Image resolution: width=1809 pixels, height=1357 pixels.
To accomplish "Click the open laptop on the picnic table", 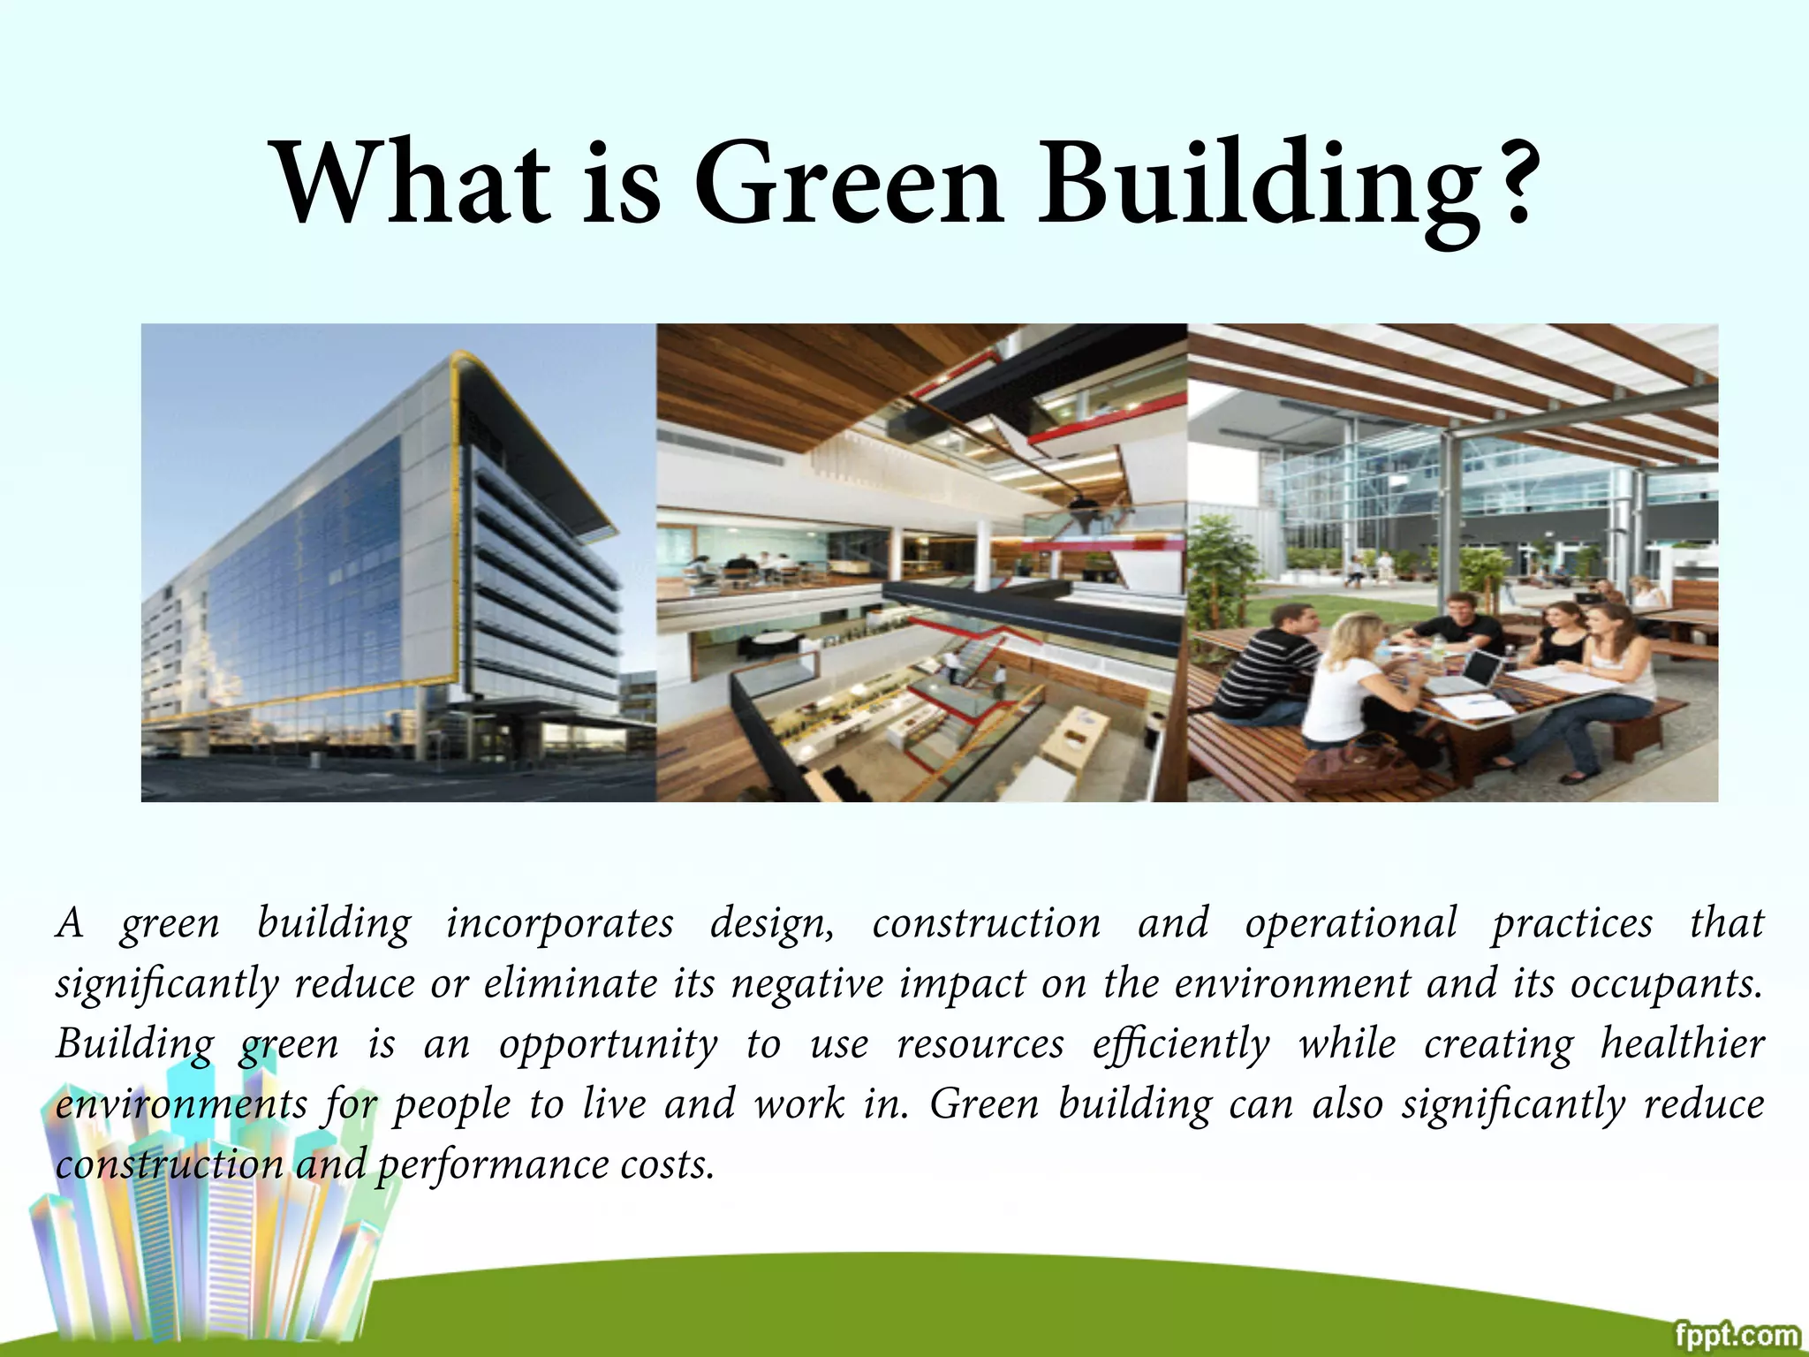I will click(1466, 671).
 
